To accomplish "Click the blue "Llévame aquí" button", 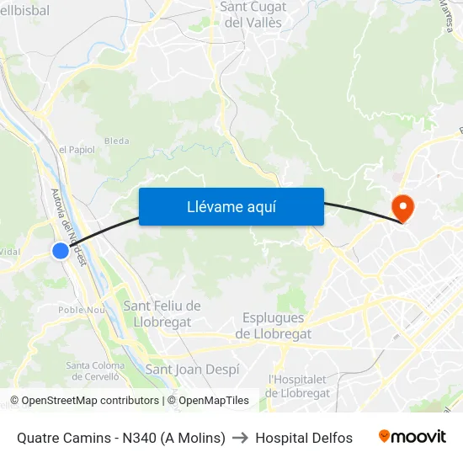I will coord(231,206).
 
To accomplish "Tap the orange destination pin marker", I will coord(402,206).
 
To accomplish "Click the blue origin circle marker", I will coord(61,250).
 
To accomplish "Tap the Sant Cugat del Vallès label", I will coord(253,14).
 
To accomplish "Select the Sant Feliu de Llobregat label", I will coord(162,313).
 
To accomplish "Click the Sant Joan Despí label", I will coord(193,369).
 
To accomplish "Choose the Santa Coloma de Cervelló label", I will coord(95,371).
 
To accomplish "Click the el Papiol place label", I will coord(77,150).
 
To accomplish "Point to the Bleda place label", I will coord(116,141).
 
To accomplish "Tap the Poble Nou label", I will coord(81,310).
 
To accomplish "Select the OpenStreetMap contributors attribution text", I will coord(84,401).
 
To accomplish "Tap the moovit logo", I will coord(412,437).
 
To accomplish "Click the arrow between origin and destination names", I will coord(240,438).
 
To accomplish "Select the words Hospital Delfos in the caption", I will coord(304,438).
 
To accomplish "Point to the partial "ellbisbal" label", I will coord(25,11).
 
